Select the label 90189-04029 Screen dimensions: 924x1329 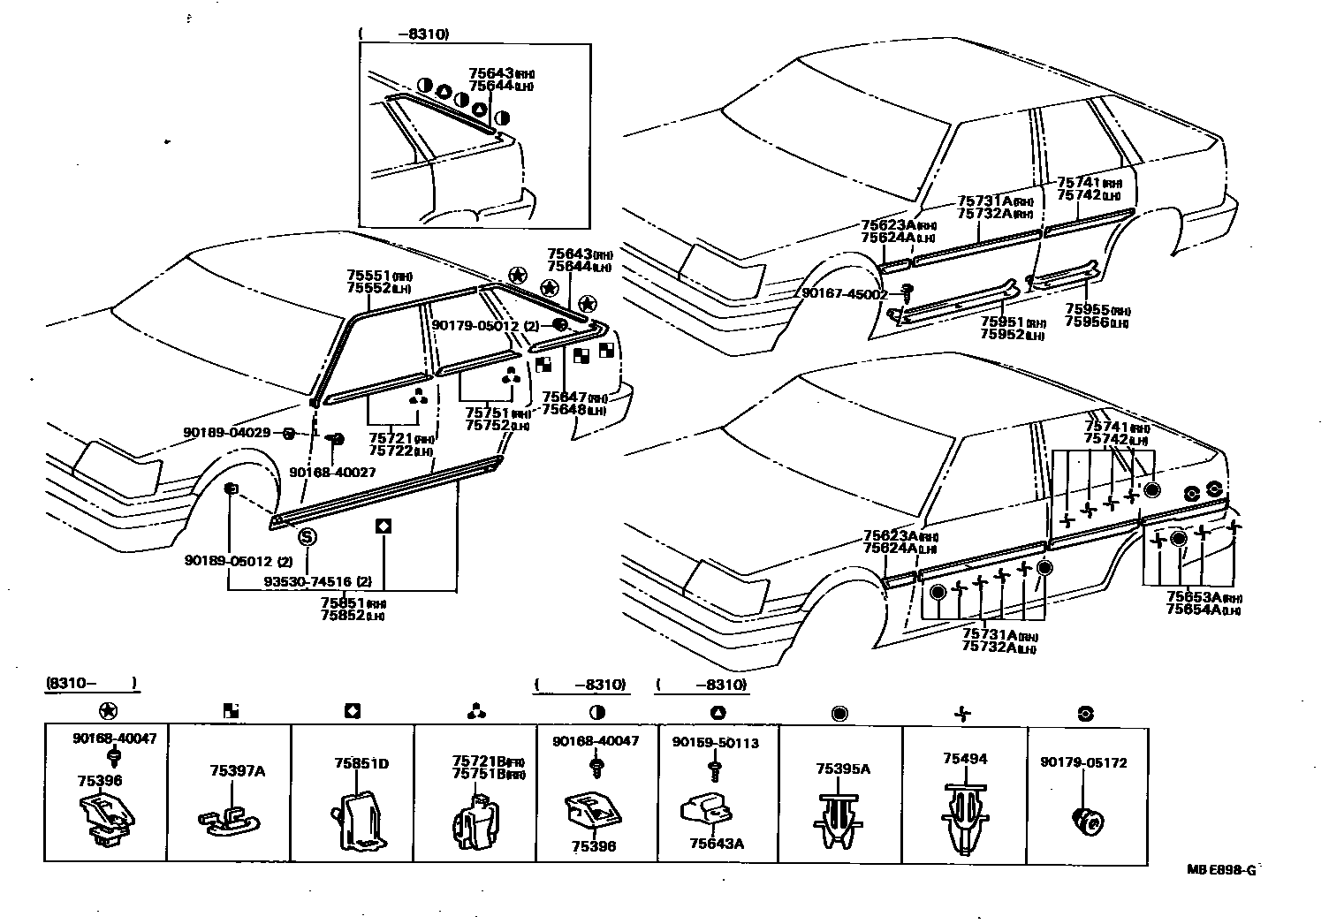pos(227,432)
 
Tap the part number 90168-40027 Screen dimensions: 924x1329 pos(332,473)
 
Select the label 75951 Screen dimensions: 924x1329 pos(1001,321)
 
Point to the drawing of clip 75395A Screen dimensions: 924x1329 pos(837,818)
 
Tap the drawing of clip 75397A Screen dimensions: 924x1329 pos(228,821)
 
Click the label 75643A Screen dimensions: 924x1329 pos(717,844)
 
